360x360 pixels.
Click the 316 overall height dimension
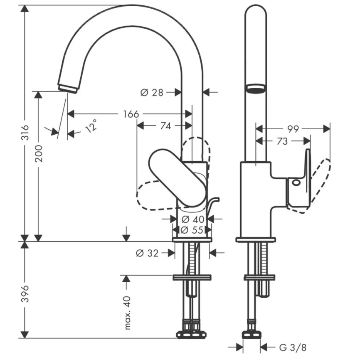point(25,132)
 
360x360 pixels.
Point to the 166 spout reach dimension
point(131,114)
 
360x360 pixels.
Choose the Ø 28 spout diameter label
point(152,92)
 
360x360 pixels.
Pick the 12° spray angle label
point(91,126)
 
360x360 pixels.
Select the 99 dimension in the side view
point(293,129)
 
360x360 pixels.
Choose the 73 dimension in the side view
point(282,141)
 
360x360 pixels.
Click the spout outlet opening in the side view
point(256,88)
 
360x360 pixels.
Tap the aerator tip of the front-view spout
point(68,88)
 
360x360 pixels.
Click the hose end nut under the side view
point(252,335)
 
